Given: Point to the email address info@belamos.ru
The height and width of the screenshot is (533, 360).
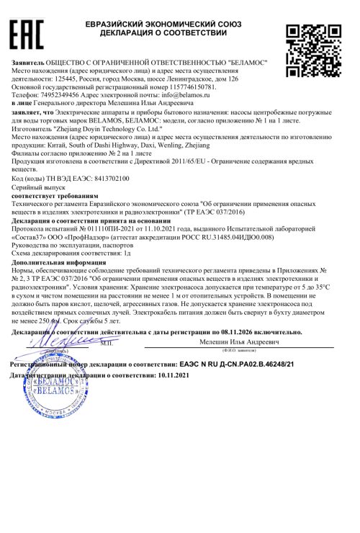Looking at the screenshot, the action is tap(199, 94).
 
